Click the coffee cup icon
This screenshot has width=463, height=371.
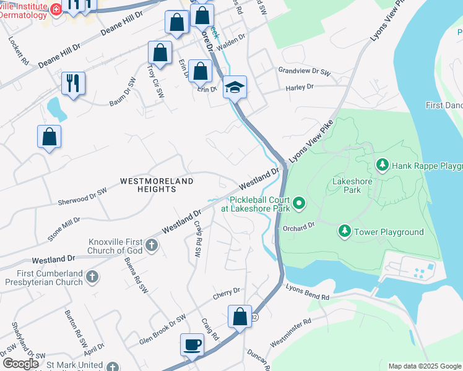pos(192,344)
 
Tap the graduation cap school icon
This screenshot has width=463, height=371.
pos(235,87)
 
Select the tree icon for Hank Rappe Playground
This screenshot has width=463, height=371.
pos(383,165)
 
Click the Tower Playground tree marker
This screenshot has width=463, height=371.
pos(344,232)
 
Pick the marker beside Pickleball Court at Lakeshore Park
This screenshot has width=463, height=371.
pos(300,202)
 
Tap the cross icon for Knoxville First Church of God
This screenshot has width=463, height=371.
pos(152,245)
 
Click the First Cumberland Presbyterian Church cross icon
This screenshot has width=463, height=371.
pos(92,276)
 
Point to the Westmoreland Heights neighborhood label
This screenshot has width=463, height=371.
pos(157,185)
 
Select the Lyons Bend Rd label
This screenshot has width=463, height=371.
pos(308,292)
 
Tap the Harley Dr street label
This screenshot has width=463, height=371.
pos(300,88)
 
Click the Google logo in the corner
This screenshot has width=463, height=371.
pos(20,364)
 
